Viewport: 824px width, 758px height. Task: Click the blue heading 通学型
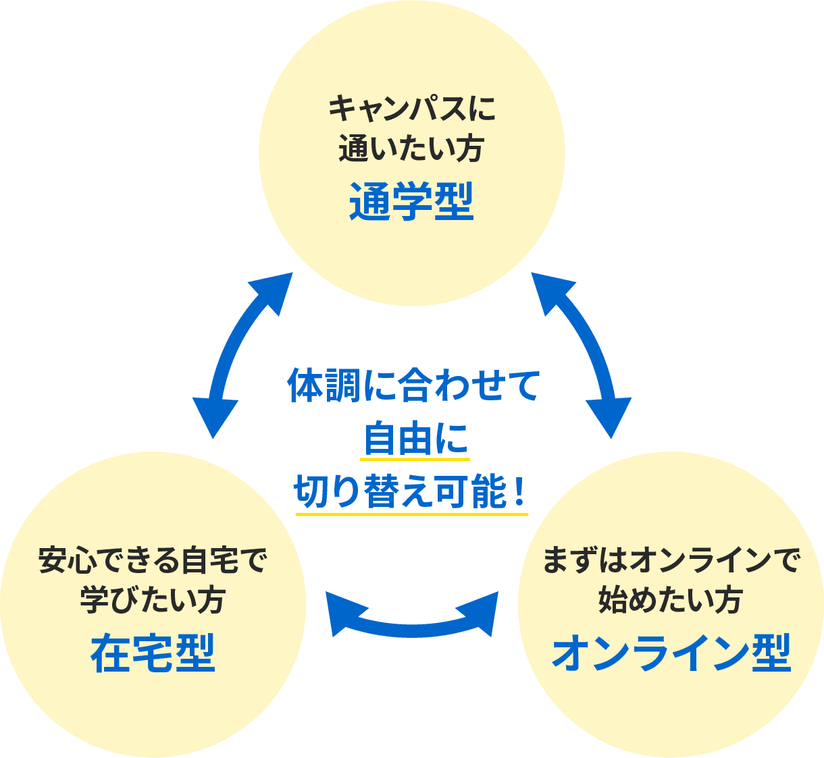(411, 202)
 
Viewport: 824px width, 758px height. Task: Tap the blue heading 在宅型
(153, 653)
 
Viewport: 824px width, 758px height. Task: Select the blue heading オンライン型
(671, 653)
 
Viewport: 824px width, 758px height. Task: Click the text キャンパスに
(412, 109)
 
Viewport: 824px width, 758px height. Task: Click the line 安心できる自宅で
(153, 560)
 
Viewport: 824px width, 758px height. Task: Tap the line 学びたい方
(153, 600)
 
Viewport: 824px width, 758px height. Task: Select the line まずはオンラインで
(671, 560)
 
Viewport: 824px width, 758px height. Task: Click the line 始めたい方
(671, 600)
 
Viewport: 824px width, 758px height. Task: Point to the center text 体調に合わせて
(413, 385)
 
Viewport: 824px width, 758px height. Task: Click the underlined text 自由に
(415, 439)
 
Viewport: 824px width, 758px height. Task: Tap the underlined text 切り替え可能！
(411, 491)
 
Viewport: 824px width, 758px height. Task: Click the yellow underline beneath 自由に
(415, 460)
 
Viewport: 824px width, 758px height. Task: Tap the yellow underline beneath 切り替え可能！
(411, 514)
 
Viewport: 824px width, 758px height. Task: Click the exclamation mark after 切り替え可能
(519, 492)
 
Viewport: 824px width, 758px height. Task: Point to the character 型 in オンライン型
(771, 653)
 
